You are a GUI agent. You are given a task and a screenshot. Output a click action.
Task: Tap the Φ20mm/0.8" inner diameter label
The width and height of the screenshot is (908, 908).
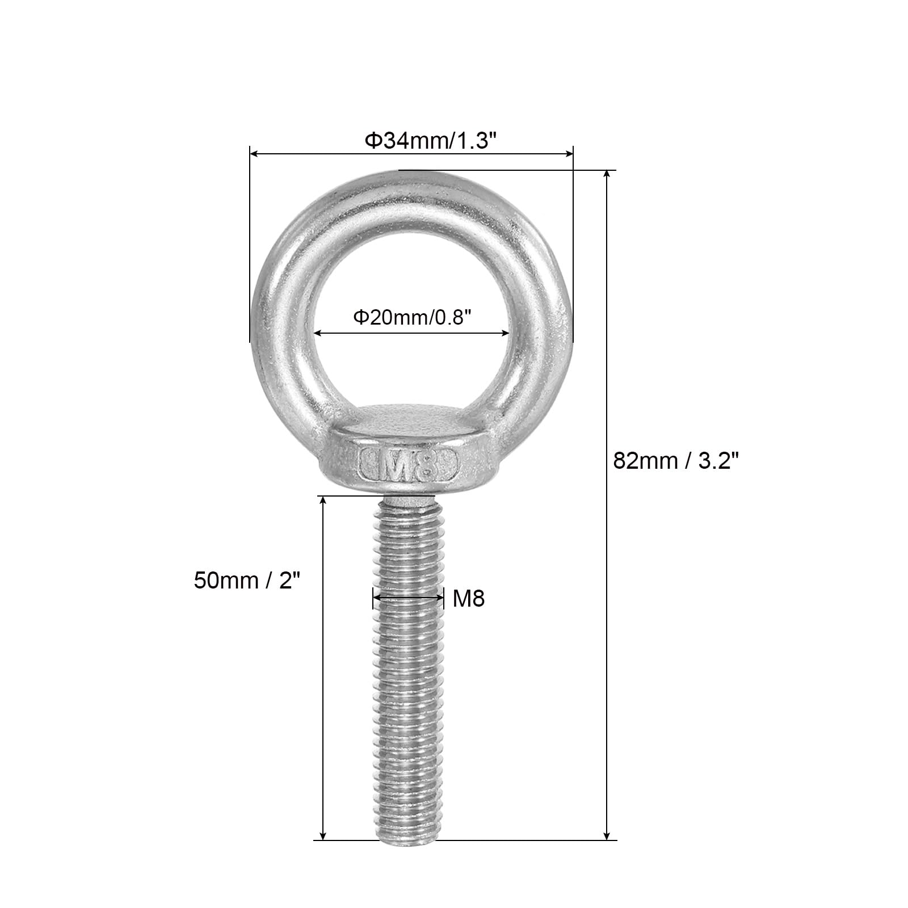[x=413, y=317]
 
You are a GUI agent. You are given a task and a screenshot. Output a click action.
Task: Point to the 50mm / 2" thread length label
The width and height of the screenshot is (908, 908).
[x=247, y=581]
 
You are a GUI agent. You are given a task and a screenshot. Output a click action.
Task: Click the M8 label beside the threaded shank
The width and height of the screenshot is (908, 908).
[x=469, y=598]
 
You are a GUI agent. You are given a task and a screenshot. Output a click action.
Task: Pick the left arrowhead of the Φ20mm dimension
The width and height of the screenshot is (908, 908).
[x=319, y=334]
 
